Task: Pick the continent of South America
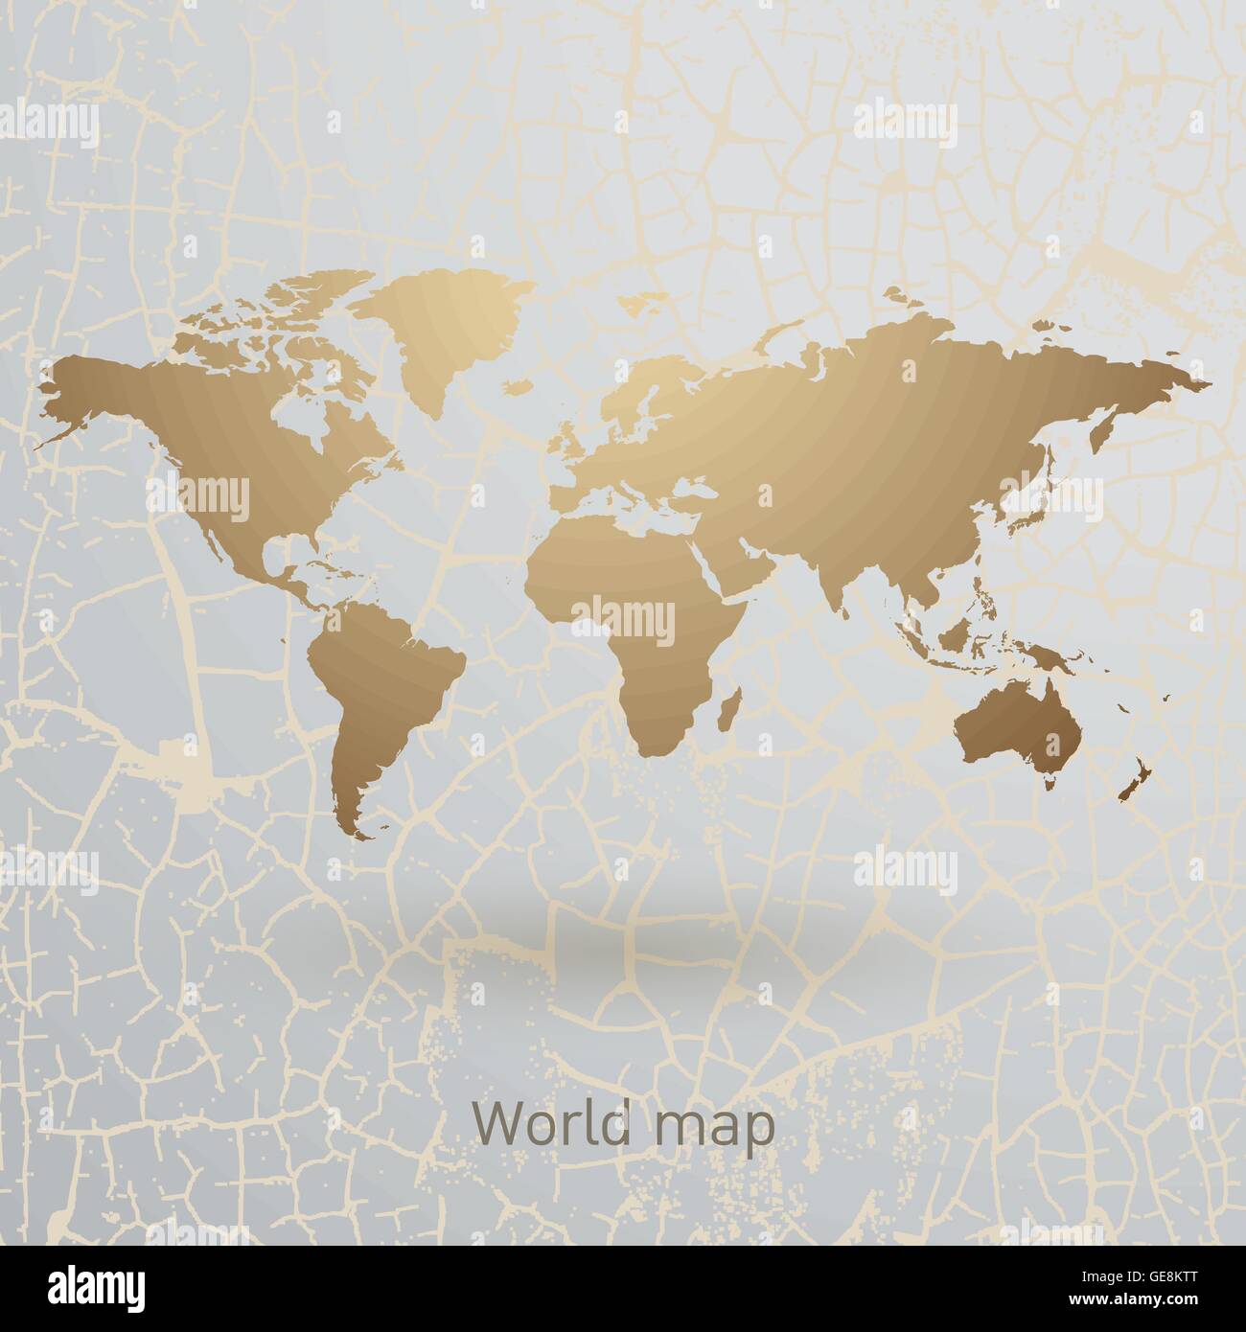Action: click(383, 671)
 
